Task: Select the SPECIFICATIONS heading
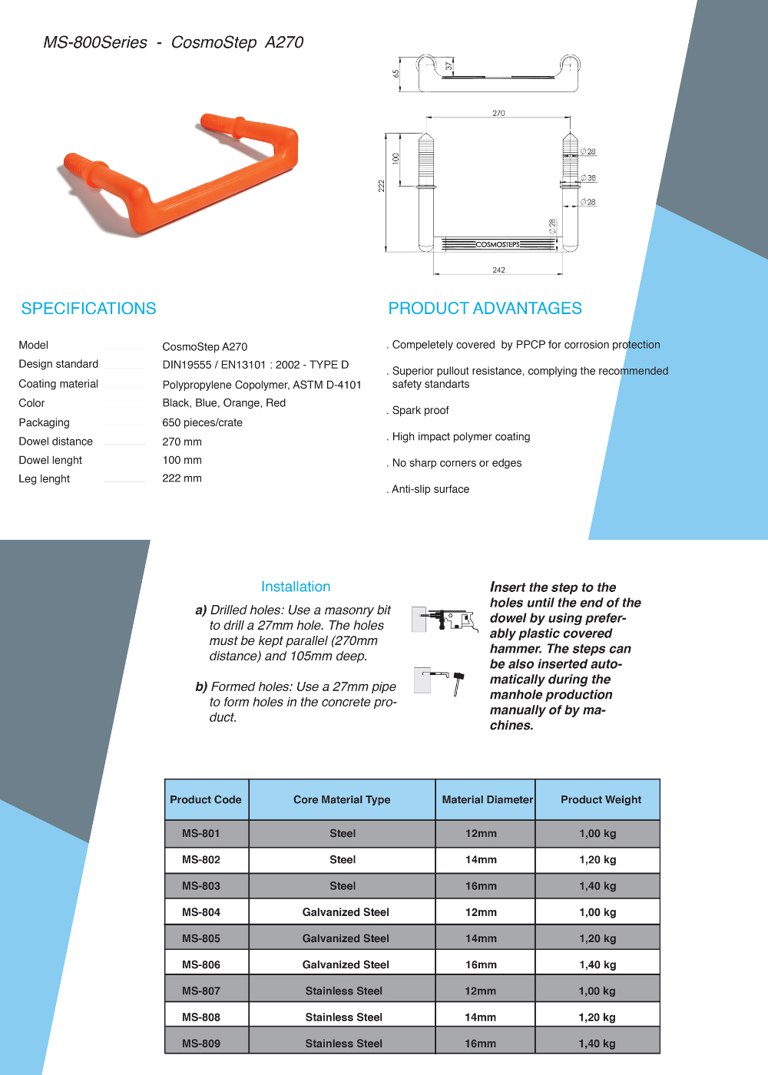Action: [88, 309]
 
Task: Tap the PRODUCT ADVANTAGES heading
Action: [485, 309]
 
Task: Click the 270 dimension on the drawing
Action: [498, 113]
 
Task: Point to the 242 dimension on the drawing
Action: [498, 270]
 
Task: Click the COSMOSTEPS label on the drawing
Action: [498, 244]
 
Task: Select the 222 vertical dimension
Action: [381, 186]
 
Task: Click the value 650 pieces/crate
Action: [202, 422]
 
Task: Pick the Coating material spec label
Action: [58, 384]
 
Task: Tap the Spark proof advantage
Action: [420, 410]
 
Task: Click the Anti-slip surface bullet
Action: [430, 489]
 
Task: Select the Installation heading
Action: [296, 587]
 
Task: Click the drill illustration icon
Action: [445, 619]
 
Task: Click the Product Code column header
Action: [206, 799]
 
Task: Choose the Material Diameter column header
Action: [487, 799]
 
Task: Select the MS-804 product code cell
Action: [201, 912]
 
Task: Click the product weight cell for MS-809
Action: [597, 1044]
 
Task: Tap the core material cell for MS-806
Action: [346, 964]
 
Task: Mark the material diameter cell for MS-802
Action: [481, 860]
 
